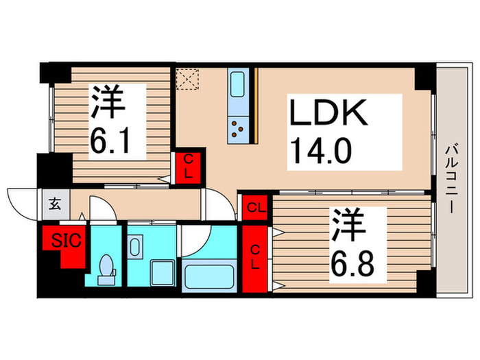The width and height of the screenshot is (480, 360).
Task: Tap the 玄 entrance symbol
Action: tap(54, 204)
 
